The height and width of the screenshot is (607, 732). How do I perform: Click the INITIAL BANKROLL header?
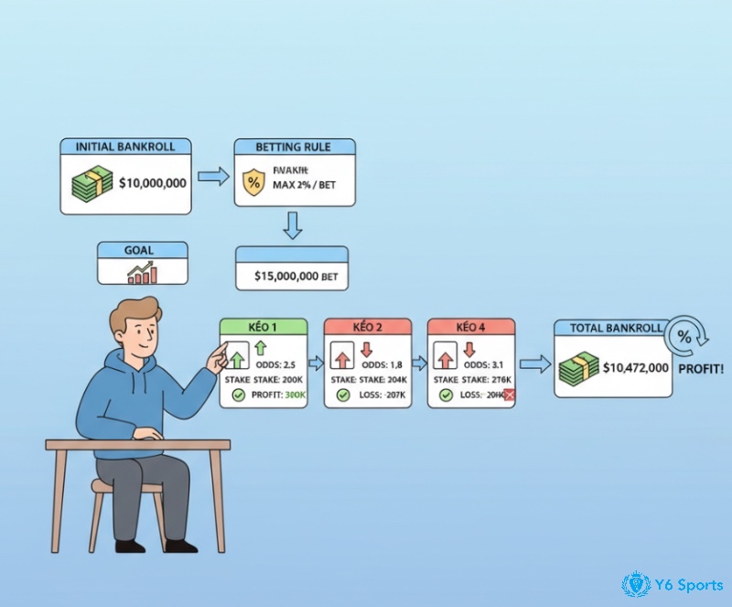pyautogui.click(x=126, y=146)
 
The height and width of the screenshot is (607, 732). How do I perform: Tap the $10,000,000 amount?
pyautogui.click(x=152, y=183)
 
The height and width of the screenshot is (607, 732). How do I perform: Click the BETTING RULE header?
pyautogui.click(x=295, y=146)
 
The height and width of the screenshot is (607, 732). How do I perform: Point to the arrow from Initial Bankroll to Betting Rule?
pyautogui.click(x=213, y=177)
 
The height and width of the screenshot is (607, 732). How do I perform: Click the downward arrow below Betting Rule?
pyautogui.click(x=292, y=224)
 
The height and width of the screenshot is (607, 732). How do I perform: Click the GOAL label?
pyautogui.click(x=142, y=249)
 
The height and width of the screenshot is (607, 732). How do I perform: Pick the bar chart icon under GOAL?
pyautogui.click(x=142, y=271)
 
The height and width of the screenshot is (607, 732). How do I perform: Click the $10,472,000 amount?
pyautogui.click(x=637, y=367)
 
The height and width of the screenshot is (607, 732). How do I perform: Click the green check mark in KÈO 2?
pyautogui.click(x=342, y=395)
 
